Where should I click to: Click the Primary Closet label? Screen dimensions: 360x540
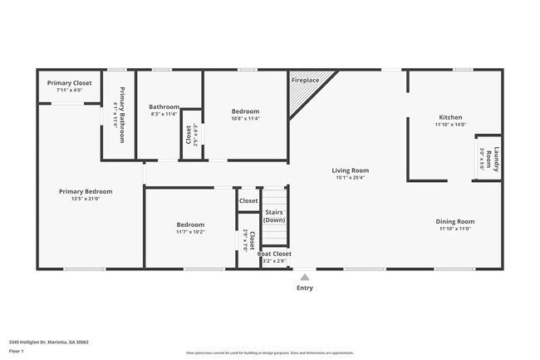(x=69, y=83)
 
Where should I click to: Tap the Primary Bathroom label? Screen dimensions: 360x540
(x=122, y=115)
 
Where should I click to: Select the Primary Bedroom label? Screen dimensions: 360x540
(x=86, y=191)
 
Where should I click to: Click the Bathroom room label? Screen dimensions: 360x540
(x=164, y=106)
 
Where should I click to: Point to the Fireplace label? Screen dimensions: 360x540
(x=304, y=80)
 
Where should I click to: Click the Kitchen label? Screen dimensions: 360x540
(x=450, y=117)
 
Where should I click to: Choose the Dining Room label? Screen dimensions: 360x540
(x=456, y=221)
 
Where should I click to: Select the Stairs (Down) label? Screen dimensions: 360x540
(x=274, y=216)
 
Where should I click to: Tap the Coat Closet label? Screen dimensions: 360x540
(x=274, y=254)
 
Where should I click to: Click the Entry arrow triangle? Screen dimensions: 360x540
(x=305, y=277)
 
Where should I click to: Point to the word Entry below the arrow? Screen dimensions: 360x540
(x=305, y=288)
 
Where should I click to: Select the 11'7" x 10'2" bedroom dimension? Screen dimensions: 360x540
(x=190, y=232)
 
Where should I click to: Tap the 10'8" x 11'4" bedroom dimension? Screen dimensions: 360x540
(x=245, y=119)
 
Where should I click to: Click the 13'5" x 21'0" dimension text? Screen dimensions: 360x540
(x=86, y=199)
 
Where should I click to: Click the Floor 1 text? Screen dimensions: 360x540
(x=17, y=351)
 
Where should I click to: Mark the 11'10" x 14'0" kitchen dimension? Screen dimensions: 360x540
(x=450, y=125)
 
